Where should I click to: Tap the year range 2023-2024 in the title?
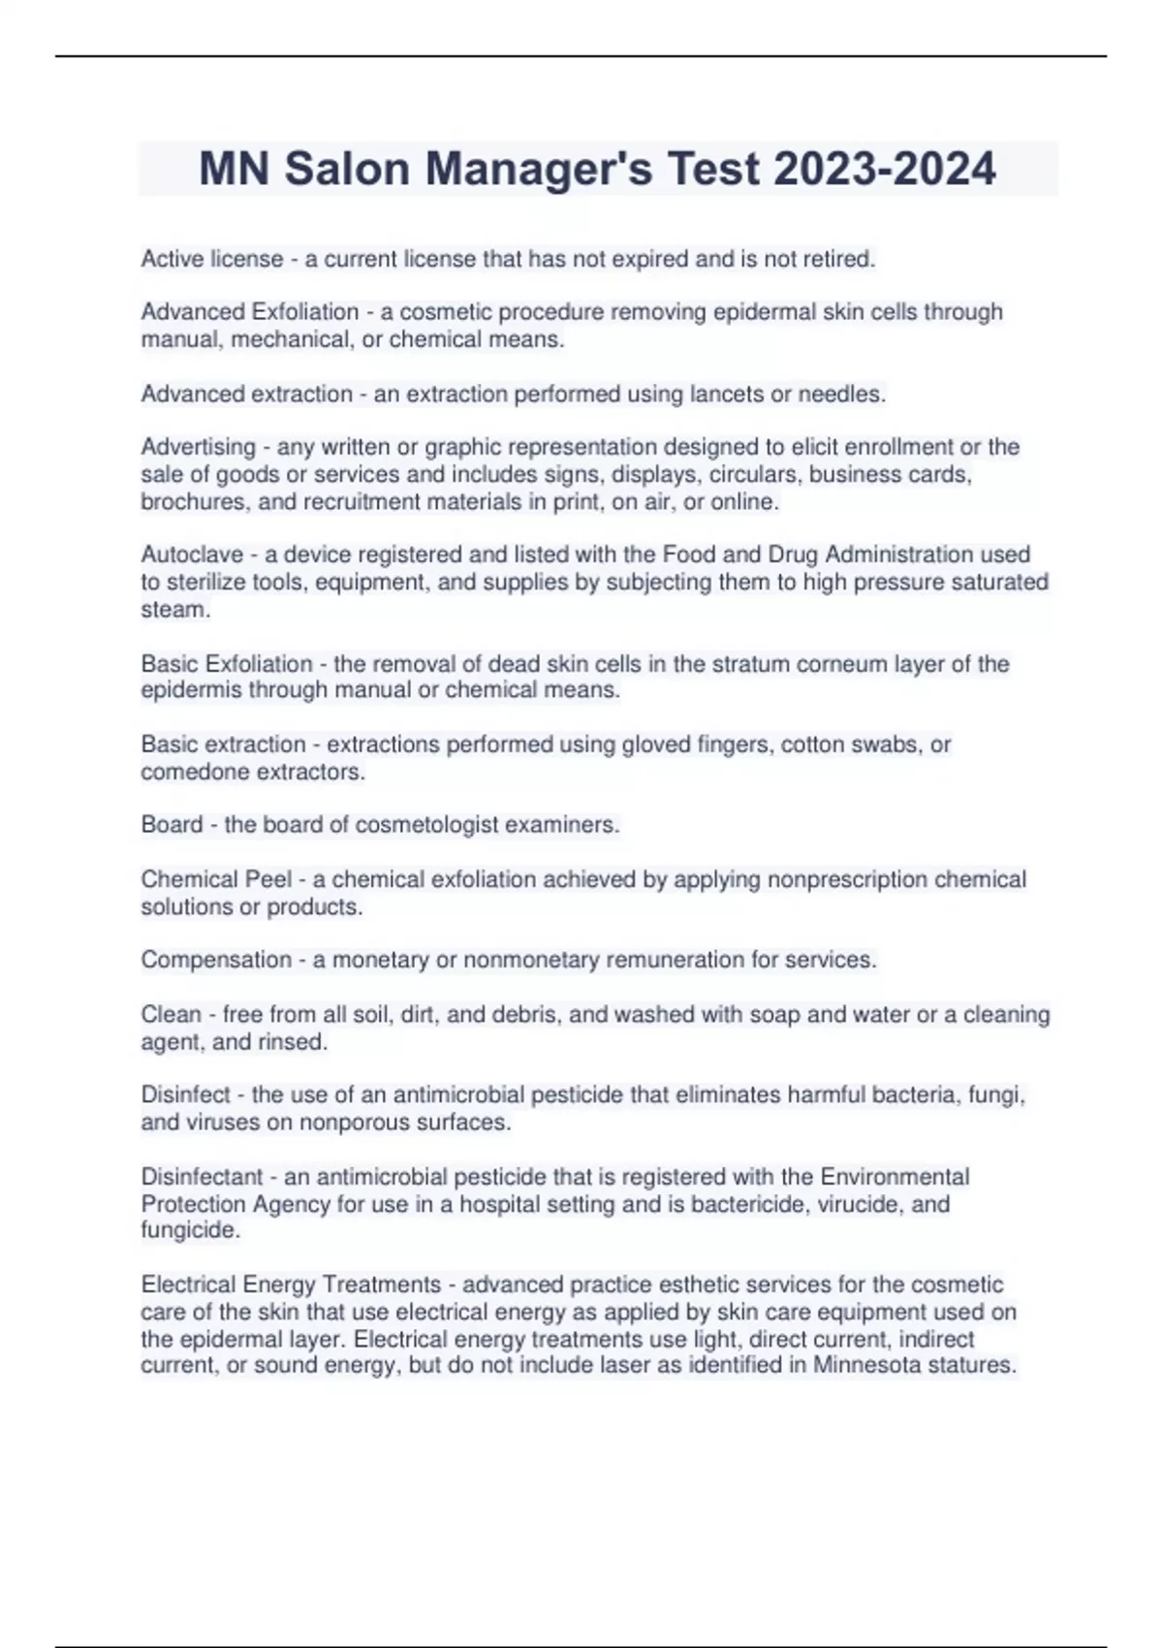click(x=885, y=169)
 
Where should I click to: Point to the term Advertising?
click(x=198, y=447)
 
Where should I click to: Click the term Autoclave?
click(x=190, y=555)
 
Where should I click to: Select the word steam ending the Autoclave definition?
click(x=173, y=610)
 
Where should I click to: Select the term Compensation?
click(x=216, y=960)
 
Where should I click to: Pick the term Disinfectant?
click(x=202, y=1177)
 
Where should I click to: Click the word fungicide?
click(x=189, y=1230)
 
